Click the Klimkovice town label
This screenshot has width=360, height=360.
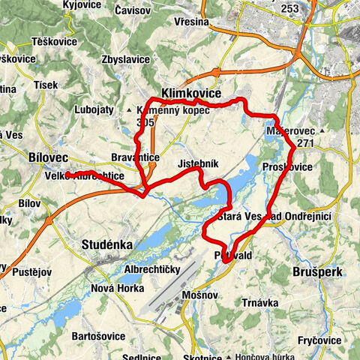pos(190,94)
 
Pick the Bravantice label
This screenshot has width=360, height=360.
pos(135,158)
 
